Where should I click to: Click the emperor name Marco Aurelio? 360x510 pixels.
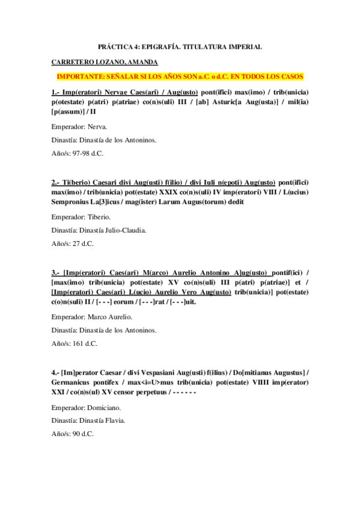tap(108, 316)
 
